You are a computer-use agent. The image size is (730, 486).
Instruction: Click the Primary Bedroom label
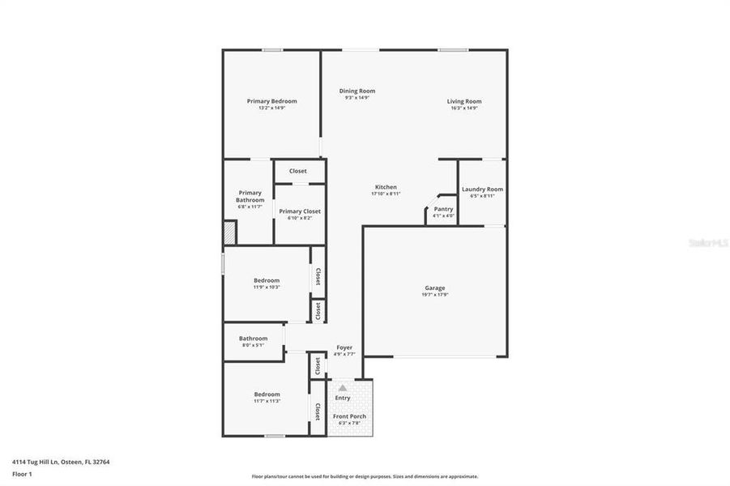(x=271, y=101)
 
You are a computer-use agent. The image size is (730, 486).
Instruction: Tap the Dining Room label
(x=356, y=91)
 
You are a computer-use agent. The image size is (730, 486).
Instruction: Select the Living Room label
(x=464, y=101)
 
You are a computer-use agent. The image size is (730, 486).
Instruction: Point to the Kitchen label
(x=385, y=187)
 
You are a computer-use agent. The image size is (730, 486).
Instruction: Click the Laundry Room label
(x=482, y=190)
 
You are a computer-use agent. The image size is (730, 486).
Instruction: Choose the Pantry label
(x=442, y=209)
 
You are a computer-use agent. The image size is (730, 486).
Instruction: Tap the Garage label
(x=435, y=288)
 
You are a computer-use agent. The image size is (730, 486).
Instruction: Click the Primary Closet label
(x=300, y=211)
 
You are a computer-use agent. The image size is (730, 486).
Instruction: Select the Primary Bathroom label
(x=250, y=196)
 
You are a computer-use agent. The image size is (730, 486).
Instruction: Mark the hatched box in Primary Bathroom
(x=230, y=233)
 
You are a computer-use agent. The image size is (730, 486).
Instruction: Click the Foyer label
(x=344, y=347)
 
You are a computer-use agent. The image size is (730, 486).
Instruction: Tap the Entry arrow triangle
(x=343, y=389)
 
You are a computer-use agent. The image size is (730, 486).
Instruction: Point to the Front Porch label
(x=349, y=416)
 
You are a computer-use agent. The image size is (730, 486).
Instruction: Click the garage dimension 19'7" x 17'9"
(x=435, y=295)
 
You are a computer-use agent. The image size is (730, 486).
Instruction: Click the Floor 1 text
(x=22, y=474)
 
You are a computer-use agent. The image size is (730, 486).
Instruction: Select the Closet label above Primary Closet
(x=298, y=171)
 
